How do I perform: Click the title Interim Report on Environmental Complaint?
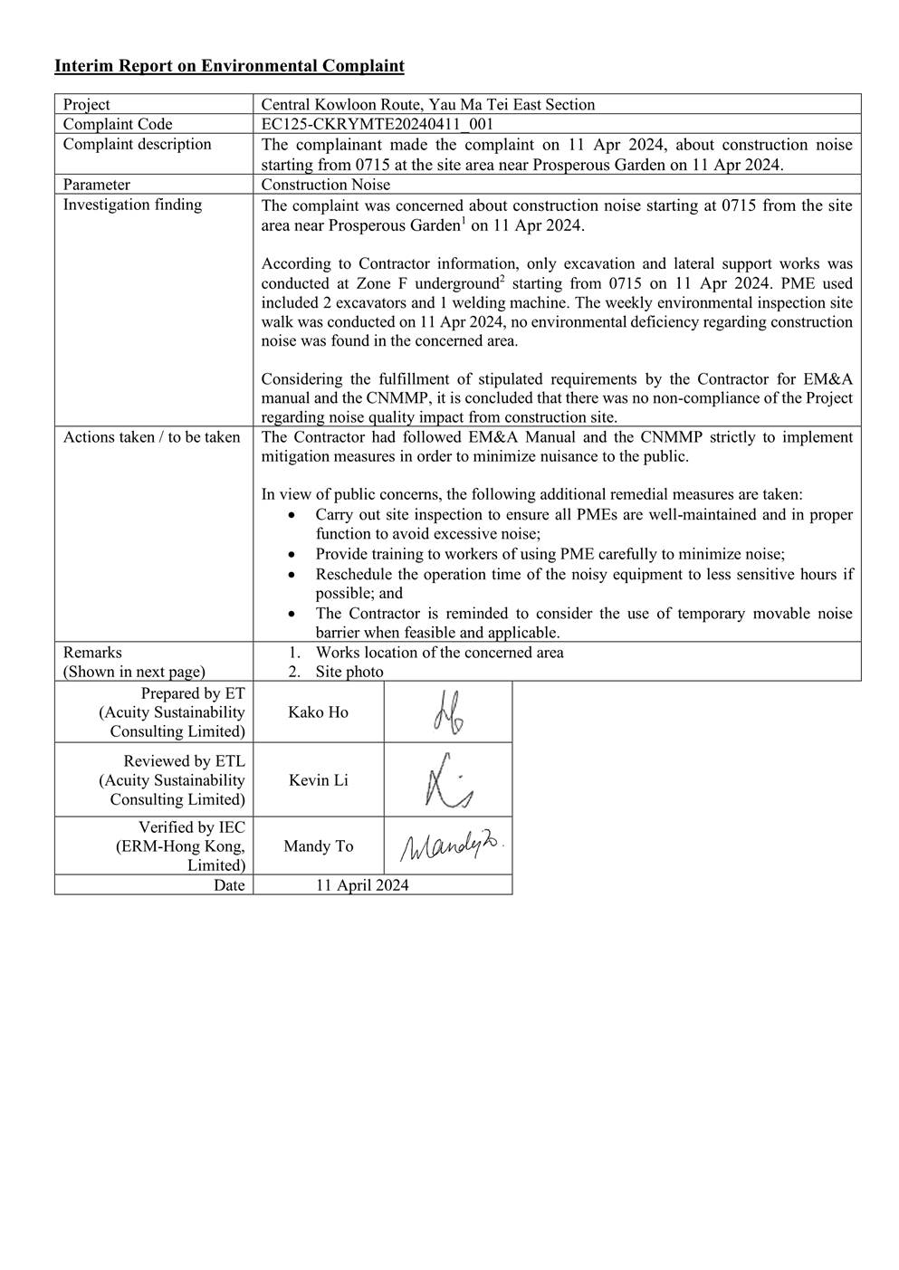229,66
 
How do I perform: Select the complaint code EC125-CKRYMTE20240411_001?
377,124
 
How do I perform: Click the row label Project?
87,105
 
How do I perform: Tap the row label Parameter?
97,185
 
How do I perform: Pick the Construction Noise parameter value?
326,185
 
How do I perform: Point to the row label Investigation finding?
132,205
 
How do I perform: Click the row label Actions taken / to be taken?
151,437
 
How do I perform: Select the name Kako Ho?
318,712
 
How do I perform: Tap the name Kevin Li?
318,780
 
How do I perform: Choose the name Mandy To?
318,846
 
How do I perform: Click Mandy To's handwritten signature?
451,845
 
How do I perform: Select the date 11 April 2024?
362,885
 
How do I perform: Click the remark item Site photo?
349,672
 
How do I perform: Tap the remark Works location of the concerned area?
439,653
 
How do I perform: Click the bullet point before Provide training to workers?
290,555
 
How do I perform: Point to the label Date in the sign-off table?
229,885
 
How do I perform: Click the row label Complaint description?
137,145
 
